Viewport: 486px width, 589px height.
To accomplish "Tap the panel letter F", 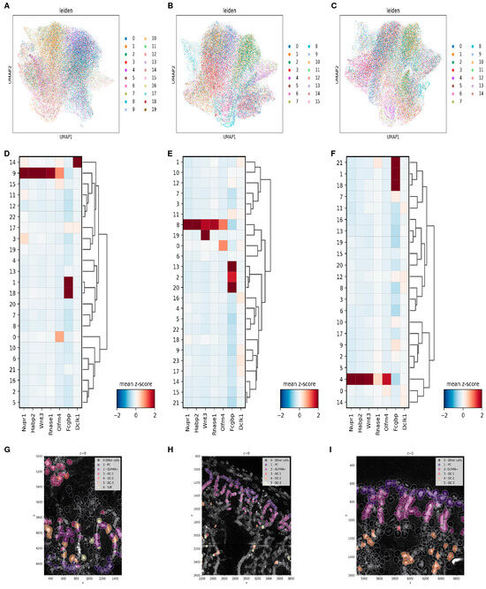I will click(334, 151).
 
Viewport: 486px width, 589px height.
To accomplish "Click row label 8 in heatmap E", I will click(178, 224).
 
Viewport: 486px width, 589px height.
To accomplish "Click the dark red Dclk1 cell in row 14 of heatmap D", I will click(77, 161).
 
